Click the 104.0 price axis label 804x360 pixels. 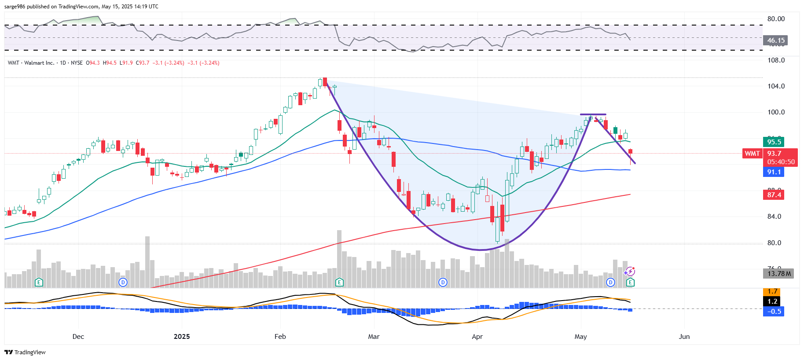(776, 86)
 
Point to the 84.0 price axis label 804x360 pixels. (774, 217)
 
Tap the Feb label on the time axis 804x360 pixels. (280, 337)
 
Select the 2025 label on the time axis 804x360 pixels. (182, 337)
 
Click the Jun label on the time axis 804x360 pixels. (684, 337)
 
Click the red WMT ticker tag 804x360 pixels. (752, 154)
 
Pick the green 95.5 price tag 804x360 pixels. (774, 142)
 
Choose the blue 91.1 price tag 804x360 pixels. (774, 172)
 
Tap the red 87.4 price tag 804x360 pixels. (774, 195)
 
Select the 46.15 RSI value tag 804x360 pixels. (775, 40)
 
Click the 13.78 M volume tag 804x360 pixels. (778, 274)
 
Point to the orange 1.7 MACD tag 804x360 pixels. (772, 292)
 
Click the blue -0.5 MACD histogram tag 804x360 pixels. (774, 312)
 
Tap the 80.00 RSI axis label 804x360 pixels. (776, 19)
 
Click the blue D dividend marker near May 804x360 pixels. (610, 282)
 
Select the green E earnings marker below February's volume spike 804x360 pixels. (339, 282)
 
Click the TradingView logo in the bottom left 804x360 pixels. (25, 352)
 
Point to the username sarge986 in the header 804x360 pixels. (15, 7)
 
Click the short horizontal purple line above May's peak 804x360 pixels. (593, 114)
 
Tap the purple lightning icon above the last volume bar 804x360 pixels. (630, 271)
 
